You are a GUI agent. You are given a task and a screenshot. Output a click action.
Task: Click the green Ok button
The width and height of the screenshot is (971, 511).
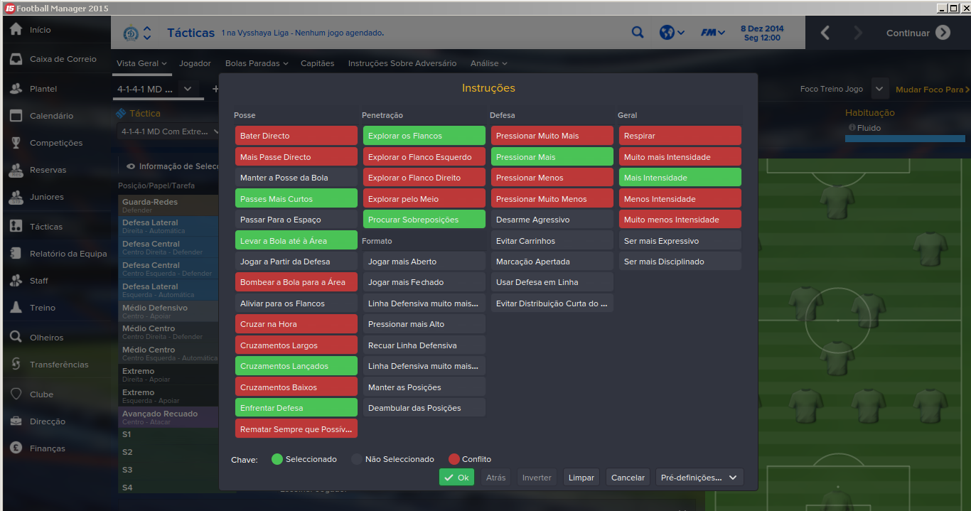click(456, 478)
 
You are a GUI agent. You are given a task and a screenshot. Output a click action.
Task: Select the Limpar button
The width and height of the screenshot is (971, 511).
click(581, 478)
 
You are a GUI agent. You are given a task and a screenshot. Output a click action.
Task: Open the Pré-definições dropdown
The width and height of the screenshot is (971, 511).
click(699, 478)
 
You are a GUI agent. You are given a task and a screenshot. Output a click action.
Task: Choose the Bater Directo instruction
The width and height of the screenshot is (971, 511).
click(296, 136)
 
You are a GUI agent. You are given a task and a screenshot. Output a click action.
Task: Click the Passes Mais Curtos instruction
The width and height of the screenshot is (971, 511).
click(296, 199)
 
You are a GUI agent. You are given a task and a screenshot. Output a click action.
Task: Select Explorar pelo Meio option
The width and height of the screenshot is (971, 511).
click(424, 199)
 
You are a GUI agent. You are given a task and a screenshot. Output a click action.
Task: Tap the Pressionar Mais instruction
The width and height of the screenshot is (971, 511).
click(552, 157)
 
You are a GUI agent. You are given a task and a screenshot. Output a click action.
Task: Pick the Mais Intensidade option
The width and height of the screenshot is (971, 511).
click(680, 178)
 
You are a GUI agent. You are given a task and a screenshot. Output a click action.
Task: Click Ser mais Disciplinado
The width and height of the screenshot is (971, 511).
click(680, 262)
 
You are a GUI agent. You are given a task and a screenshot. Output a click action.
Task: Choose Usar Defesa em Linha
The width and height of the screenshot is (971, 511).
click(552, 282)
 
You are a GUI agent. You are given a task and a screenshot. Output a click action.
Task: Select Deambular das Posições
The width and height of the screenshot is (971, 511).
click(424, 408)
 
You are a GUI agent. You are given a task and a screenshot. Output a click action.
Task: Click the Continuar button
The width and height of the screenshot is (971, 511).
click(918, 33)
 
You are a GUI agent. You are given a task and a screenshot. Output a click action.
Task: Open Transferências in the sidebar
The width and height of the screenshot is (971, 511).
click(59, 365)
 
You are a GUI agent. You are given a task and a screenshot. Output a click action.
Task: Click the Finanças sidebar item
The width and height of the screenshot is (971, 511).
click(48, 448)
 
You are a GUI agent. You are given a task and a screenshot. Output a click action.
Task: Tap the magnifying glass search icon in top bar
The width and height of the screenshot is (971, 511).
click(638, 32)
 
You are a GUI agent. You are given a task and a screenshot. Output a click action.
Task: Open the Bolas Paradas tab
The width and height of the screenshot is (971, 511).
click(256, 63)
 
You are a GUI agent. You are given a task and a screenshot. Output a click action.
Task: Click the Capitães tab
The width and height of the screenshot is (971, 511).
click(317, 63)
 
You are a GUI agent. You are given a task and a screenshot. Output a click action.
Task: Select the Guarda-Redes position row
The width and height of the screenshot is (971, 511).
click(168, 205)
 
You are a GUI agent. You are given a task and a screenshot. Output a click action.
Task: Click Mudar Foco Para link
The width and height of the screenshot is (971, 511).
click(932, 90)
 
